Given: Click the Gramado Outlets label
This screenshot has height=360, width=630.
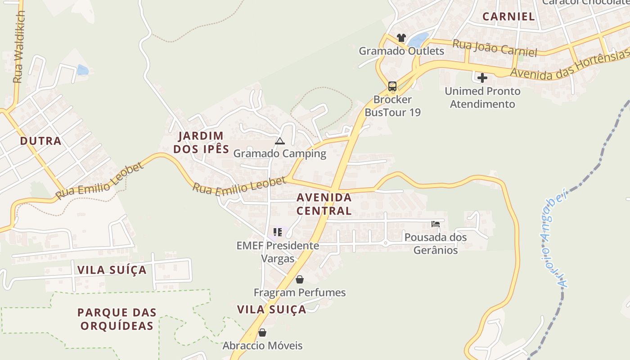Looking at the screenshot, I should pyautogui.click(x=401, y=51).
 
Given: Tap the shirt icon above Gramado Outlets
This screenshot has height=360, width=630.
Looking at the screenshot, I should pyautogui.click(x=401, y=38).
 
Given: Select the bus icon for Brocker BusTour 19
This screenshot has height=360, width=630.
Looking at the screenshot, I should pyautogui.click(x=392, y=86).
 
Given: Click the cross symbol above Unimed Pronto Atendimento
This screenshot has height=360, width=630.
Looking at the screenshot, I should pyautogui.click(x=482, y=78).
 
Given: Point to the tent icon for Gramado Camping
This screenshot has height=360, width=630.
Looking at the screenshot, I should pyautogui.click(x=280, y=141).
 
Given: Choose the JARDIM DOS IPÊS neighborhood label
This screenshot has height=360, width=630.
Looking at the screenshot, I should pyautogui.click(x=201, y=142).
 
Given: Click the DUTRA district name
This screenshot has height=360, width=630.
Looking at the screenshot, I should pyautogui.click(x=40, y=141).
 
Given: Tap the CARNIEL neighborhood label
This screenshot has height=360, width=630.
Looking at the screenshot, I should pyautogui.click(x=508, y=17).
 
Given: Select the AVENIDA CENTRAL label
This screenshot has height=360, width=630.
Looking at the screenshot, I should pyautogui.click(x=324, y=204).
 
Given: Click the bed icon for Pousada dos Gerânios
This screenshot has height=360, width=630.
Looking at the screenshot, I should pyautogui.click(x=436, y=224).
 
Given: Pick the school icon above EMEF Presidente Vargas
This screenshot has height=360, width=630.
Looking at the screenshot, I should pyautogui.click(x=278, y=232).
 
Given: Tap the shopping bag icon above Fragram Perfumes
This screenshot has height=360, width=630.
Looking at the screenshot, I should pyautogui.click(x=300, y=279).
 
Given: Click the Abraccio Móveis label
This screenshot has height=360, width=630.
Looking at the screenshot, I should pyautogui.click(x=263, y=346).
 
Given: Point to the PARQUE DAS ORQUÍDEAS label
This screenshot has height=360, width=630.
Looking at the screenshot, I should pyautogui.click(x=117, y=319).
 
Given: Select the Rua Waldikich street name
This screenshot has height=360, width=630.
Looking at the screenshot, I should pyautogui.click(x=18, y=47).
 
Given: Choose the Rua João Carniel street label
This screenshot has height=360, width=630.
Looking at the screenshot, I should pyautogui.click(x=495, y=48).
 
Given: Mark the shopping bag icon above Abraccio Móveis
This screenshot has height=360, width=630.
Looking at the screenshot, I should pyautogui.click(x=262, y=333).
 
